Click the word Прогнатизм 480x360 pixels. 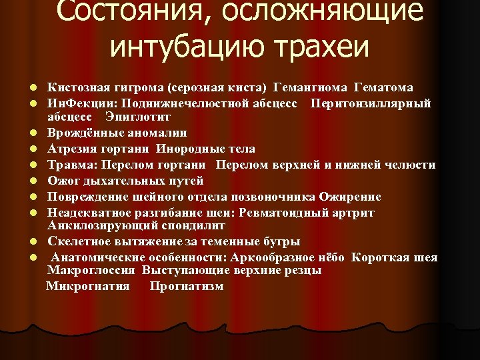(x=187, y=287)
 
